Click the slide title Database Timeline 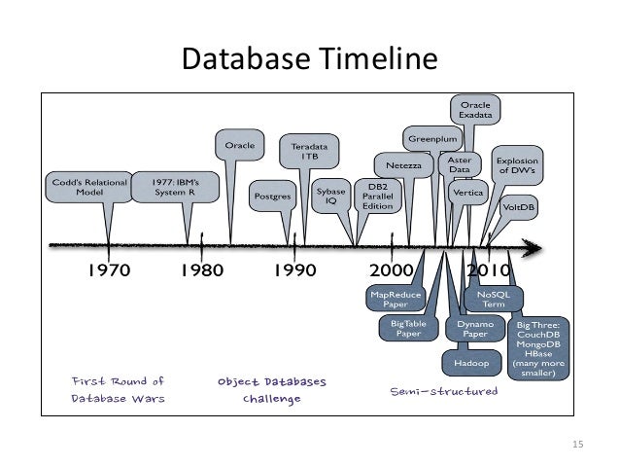310,61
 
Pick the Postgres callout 273,195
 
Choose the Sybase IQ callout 330,197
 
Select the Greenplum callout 431,139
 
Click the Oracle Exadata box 475,110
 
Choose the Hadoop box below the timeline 470,363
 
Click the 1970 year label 110,269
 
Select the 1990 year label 293,269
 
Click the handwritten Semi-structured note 443,391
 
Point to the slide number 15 580,445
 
